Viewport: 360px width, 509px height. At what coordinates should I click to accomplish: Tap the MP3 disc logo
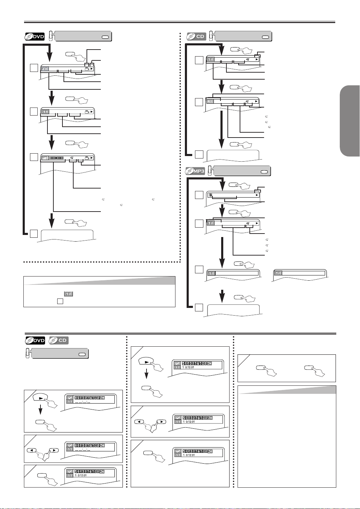tap(195, 171)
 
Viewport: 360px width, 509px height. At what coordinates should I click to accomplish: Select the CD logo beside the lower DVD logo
tap(58, 340)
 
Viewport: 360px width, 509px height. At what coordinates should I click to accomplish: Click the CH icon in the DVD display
tap(45, 69)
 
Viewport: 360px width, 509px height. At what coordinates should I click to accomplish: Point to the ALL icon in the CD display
tap(210, 102)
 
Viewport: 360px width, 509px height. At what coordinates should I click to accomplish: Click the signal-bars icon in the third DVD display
tap(45, 158)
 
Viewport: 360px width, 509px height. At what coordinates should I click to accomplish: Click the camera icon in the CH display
tap(87, 69)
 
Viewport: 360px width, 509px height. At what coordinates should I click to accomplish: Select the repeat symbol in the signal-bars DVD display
tap(72, 158)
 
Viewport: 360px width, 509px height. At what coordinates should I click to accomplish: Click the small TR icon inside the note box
tap(68, 294)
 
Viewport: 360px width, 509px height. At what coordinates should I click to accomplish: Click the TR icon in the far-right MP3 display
tap(278, 273)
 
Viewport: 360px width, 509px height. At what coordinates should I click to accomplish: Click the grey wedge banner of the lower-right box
tap(286, 390)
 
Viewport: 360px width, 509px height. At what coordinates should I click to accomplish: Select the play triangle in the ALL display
tap(256, 102)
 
